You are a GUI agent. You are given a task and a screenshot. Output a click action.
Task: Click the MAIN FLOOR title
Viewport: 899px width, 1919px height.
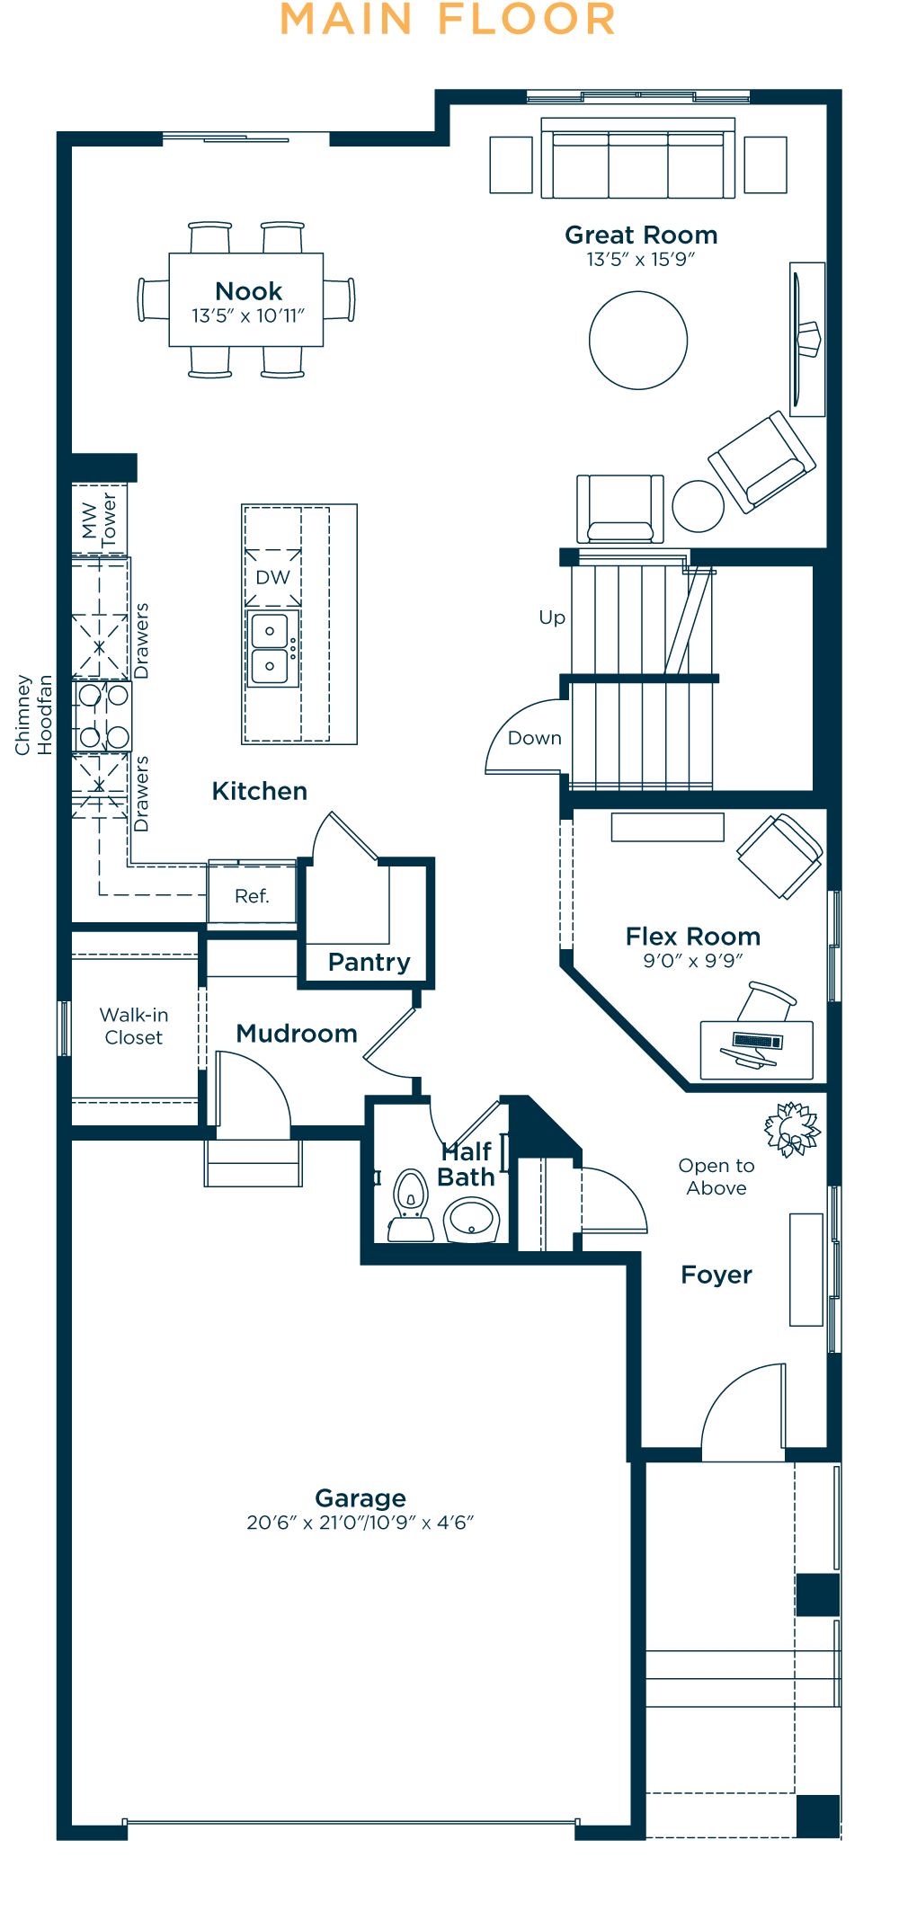[x=448, y=20]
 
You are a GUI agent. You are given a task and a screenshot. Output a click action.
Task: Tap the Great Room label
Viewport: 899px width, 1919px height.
[x=641, y=235]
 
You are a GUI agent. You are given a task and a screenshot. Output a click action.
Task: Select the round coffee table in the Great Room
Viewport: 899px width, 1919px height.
[x=638, y=340]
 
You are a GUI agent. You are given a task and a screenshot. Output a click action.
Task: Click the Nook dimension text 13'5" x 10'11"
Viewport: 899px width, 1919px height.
[x=248, y=315]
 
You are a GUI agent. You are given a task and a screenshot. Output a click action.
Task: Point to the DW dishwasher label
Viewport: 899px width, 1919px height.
[x=273, y=577]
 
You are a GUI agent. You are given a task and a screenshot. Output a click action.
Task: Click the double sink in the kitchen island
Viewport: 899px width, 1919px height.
[x=270, y=648]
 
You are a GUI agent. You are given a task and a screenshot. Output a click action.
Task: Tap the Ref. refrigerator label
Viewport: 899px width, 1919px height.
[x=252, y=896]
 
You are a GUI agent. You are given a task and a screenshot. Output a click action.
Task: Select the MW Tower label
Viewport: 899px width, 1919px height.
[x=99, y=520]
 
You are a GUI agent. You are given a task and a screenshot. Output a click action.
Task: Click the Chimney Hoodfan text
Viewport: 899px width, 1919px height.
[x=33, y=715]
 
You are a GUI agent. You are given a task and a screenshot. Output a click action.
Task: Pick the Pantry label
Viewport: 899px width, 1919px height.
[x=369, y=962]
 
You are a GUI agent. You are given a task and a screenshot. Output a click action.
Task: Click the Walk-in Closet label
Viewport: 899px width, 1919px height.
[x=134, y=1026]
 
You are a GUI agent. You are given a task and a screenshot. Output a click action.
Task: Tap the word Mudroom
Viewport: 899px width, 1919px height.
[x=297, y=1034]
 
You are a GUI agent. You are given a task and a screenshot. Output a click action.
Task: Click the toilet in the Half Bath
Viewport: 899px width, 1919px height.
[x=410, y=1205]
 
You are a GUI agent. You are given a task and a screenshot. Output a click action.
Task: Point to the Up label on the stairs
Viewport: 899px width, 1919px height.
[x=552, y=617]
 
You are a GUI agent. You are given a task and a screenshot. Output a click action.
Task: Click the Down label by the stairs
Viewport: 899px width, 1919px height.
[x=535, y=738]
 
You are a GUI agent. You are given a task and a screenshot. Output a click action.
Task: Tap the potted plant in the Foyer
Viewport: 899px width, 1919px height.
[x=792, y=1129]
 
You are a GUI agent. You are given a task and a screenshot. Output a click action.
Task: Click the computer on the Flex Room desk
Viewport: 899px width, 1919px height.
[x=755, y=1047]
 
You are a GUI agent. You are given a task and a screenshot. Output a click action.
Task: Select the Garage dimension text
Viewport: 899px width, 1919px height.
[x=360, y=1523]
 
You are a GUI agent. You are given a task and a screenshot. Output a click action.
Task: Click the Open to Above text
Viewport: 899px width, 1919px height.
[x=717, y=1177]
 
